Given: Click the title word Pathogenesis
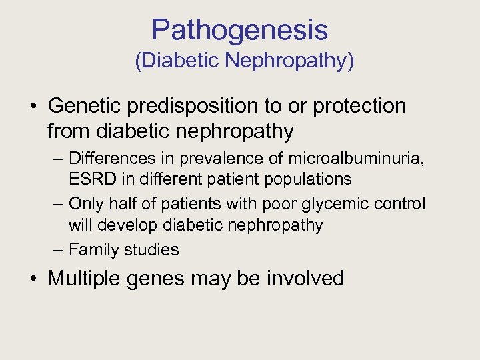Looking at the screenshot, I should point(239,30).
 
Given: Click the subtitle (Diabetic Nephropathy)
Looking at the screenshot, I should point(244,61).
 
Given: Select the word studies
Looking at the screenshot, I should point(157,250).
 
